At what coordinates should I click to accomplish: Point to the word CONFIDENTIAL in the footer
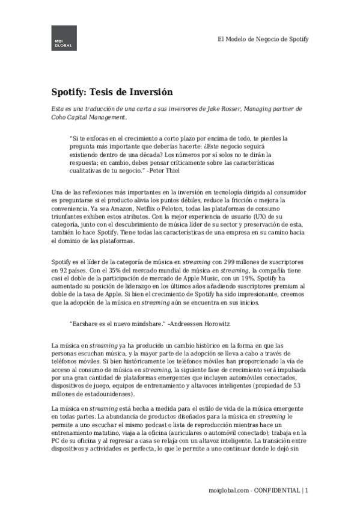(x=277, y=491)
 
